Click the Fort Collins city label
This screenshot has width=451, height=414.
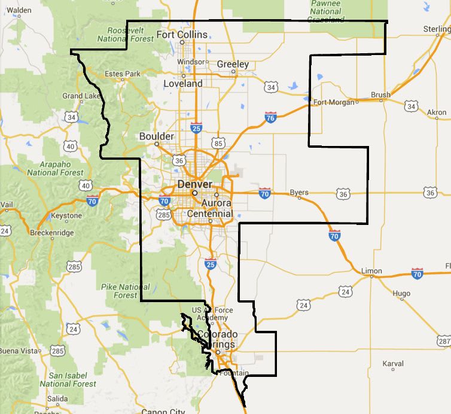pos(182,35)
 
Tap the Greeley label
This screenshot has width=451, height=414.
pos(233,64)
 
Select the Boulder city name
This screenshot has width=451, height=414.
pos(156,136)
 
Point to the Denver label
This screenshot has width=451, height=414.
pos(194,184)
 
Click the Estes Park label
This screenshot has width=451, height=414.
pos(122,74)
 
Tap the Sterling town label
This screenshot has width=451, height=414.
pos(437,29)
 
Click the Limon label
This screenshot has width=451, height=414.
pos(371,271)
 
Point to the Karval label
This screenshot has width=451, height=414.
pos(393,363)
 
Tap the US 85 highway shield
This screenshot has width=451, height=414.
pos(218,144)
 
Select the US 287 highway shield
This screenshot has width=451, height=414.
pos(444,340)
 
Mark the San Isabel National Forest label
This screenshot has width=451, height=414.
pos(65,379)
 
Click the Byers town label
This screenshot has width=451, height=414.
pos(299,193)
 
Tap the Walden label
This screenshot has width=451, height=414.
pos(19,10)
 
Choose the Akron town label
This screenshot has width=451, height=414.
pos(437,112)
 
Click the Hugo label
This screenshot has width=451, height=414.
pos(401,294)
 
